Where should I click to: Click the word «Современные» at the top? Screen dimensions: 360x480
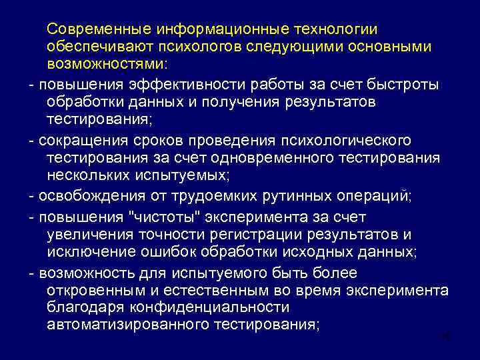tap(98, 30)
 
